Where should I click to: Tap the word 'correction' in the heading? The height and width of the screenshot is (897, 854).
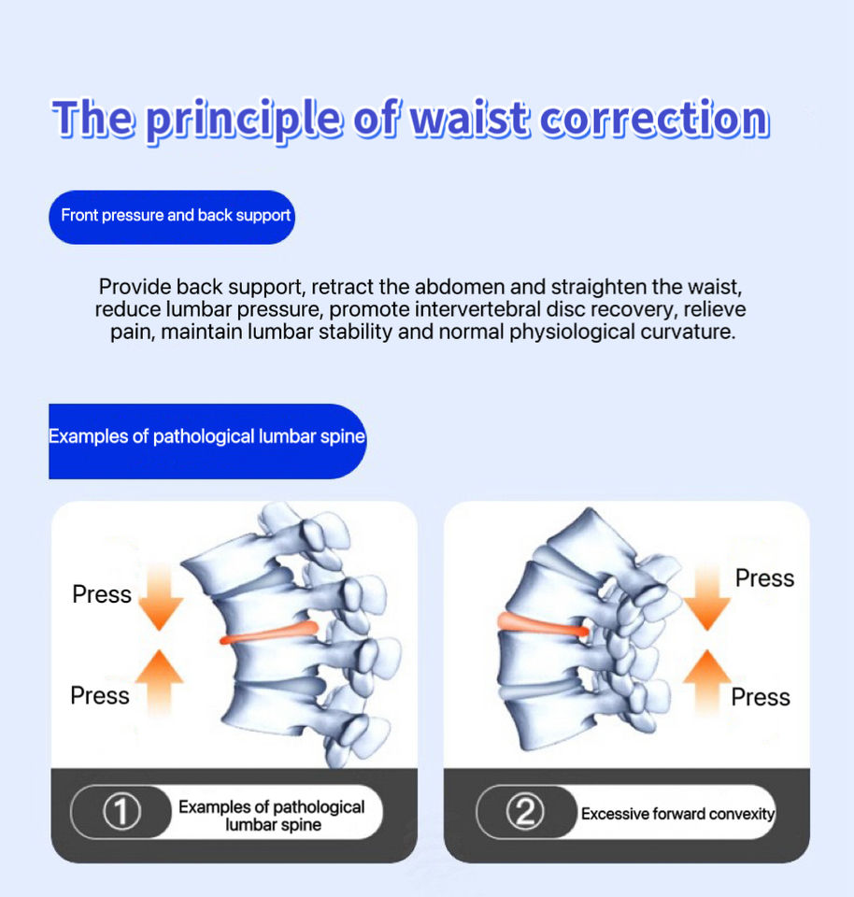click(x=654, y=119)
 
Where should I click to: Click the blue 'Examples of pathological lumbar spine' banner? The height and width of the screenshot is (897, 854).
click(x=207, y=441)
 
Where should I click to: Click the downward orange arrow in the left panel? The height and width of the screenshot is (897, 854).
click(x=160, y=597)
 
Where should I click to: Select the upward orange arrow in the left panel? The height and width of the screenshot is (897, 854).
click(x=160, y=683)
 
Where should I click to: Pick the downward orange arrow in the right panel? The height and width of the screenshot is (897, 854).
click(x=707, y=596)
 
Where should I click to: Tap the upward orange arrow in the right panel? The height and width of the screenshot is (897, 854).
click(x=707, y=683)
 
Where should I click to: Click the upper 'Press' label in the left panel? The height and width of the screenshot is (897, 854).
click(x=102, y=594)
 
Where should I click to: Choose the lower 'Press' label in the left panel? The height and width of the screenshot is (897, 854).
click(x=100, y=695)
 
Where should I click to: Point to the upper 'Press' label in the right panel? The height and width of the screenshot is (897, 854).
click(x=764, y=578)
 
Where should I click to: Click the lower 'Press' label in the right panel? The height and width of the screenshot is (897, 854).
click(x=761, y=697)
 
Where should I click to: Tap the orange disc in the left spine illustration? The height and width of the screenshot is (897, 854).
click(x=269, y=634)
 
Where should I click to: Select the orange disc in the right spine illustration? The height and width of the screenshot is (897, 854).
click(x=542, y=625)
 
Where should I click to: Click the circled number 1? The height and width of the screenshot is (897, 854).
click(x=121, y=812)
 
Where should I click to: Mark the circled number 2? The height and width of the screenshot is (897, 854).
click(x=526, y=812)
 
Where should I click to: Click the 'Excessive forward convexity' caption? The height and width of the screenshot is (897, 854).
click(x=677, y=814)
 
